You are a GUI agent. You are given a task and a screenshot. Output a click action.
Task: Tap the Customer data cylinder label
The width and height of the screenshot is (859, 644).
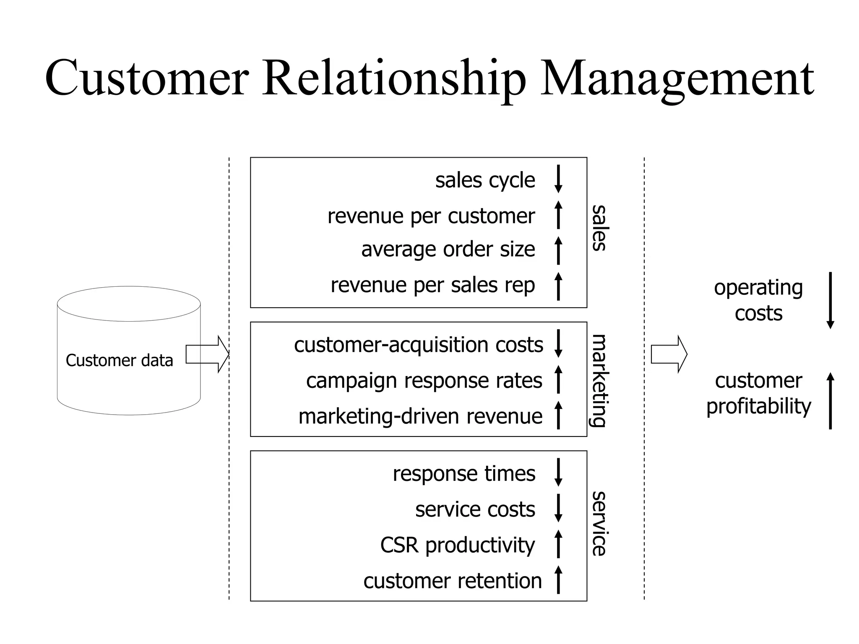(119, 361)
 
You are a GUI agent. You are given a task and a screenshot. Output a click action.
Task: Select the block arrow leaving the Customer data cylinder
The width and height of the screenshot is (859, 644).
(207, 354)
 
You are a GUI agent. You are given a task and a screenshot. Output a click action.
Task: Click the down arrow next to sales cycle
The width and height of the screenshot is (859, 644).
(558, 179)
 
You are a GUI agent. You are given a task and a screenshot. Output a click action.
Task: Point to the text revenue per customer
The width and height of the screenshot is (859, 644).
(431, 216)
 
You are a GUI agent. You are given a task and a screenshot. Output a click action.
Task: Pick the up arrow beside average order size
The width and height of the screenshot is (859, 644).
(558, 250)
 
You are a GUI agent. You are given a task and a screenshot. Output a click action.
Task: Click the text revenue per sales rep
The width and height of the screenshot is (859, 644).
(432, 286)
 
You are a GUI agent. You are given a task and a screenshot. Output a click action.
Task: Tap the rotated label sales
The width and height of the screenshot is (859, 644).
(599, 228)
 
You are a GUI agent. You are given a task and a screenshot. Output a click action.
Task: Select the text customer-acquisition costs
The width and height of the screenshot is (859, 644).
(418, 345)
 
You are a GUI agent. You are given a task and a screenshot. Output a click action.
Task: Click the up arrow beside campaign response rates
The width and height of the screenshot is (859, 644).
(558, 379)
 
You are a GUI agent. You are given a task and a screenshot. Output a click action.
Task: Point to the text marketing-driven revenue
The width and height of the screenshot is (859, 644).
(420, 417)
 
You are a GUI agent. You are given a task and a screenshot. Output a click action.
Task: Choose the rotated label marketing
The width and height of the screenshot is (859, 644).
(599, 380)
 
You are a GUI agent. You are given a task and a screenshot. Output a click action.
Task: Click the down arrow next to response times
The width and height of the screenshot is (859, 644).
(558, 473)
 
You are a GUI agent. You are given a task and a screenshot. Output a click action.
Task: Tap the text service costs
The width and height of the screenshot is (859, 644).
(475, 510)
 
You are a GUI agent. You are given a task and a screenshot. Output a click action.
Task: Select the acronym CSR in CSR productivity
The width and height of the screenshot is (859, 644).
(399, 545)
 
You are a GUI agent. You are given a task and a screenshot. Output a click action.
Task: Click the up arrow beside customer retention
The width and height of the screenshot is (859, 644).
(558, 579)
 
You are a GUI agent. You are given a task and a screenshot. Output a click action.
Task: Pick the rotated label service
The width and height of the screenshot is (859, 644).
(599, 524)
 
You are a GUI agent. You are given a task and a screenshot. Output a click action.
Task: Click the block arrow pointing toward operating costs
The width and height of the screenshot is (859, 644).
(669, 354)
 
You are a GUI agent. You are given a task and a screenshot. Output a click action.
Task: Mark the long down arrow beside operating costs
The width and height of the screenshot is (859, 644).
(830, 301)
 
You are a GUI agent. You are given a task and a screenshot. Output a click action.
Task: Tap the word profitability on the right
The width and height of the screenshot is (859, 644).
(758, 406)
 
